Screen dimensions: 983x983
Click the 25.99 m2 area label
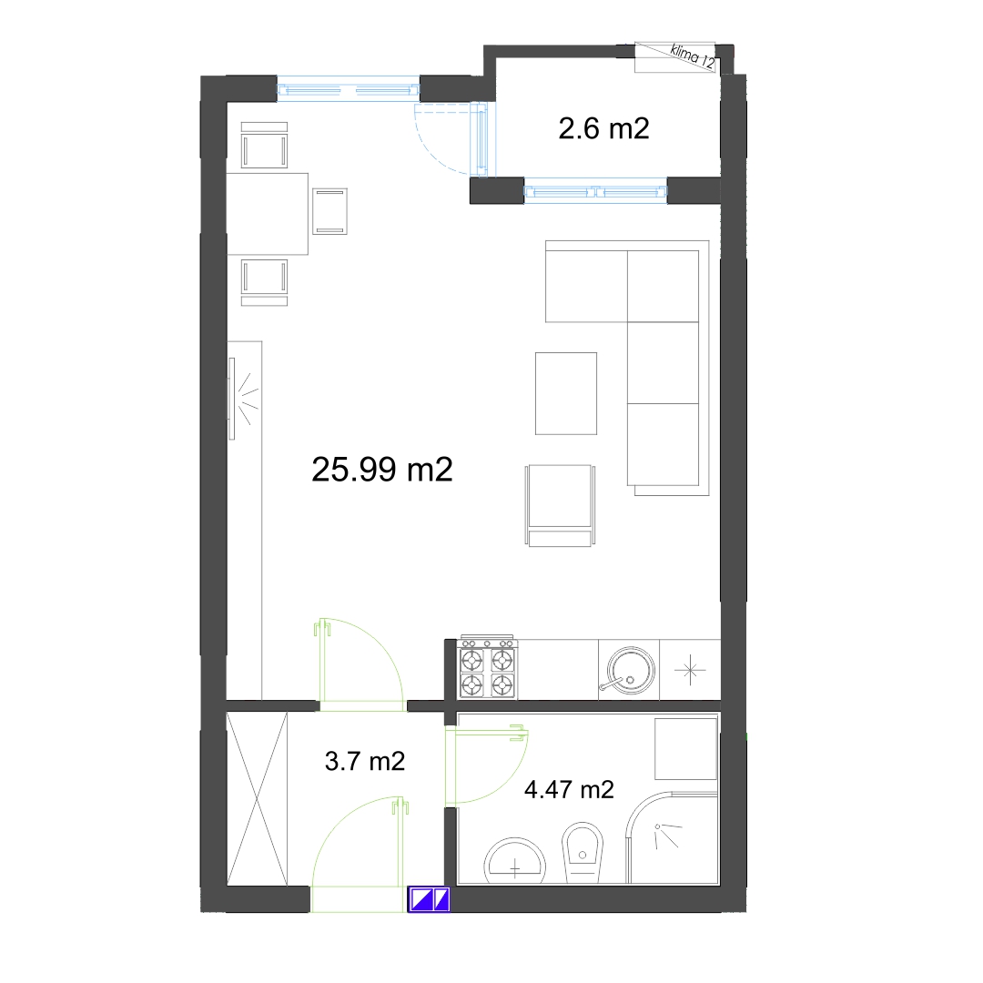pos(381,469)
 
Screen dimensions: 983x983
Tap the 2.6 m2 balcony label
pos(603,128)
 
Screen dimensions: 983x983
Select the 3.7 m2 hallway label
pos(365,761)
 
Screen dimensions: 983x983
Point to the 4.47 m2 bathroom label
pos(569,789)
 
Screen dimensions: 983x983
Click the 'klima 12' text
pos(693,56)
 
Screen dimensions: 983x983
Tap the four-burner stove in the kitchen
pos(487,668)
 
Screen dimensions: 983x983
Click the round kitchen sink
pos(629,670)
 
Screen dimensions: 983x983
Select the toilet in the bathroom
pos(583,853)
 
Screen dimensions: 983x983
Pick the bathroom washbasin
pos(514,861)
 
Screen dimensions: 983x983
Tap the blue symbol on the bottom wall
pos(429,899)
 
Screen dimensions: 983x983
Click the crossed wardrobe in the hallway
pos(257,799)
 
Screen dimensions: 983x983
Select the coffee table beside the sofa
pos(566,393)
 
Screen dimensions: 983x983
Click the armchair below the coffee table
pos(560,505)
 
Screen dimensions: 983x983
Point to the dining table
pos(267,214)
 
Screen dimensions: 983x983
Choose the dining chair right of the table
pos(329,211)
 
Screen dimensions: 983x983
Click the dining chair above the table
pos(265,145)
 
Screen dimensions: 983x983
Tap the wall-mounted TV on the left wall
pos(232,399)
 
